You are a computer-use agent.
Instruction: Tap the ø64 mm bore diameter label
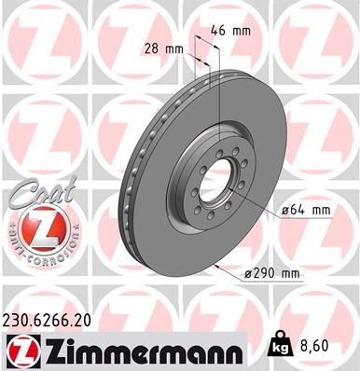coord(305,211)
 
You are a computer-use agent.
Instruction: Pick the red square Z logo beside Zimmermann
coord(19,350)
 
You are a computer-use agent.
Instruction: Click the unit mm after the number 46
coord(242,31)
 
